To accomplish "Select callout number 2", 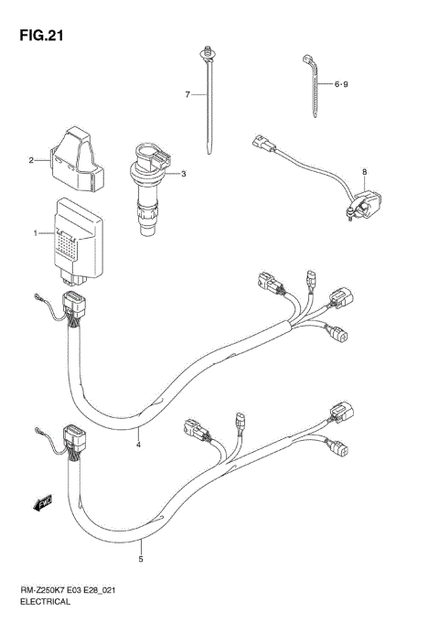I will pyautogui.click(x=30, y=161).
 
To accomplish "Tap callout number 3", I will pyautogui.click(x=183, y=173).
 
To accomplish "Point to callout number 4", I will pyautogui.click(x=138, y=446).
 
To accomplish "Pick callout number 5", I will pyautogui.click(x=142, y=559).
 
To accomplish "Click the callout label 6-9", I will pyautogui.click(x=341, y=85).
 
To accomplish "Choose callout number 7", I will pyautogui.click(x=187, y=94).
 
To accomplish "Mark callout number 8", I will pyautogui.click(x=363, y=171).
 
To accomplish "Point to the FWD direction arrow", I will pyautogui.click(x=42, y=500).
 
